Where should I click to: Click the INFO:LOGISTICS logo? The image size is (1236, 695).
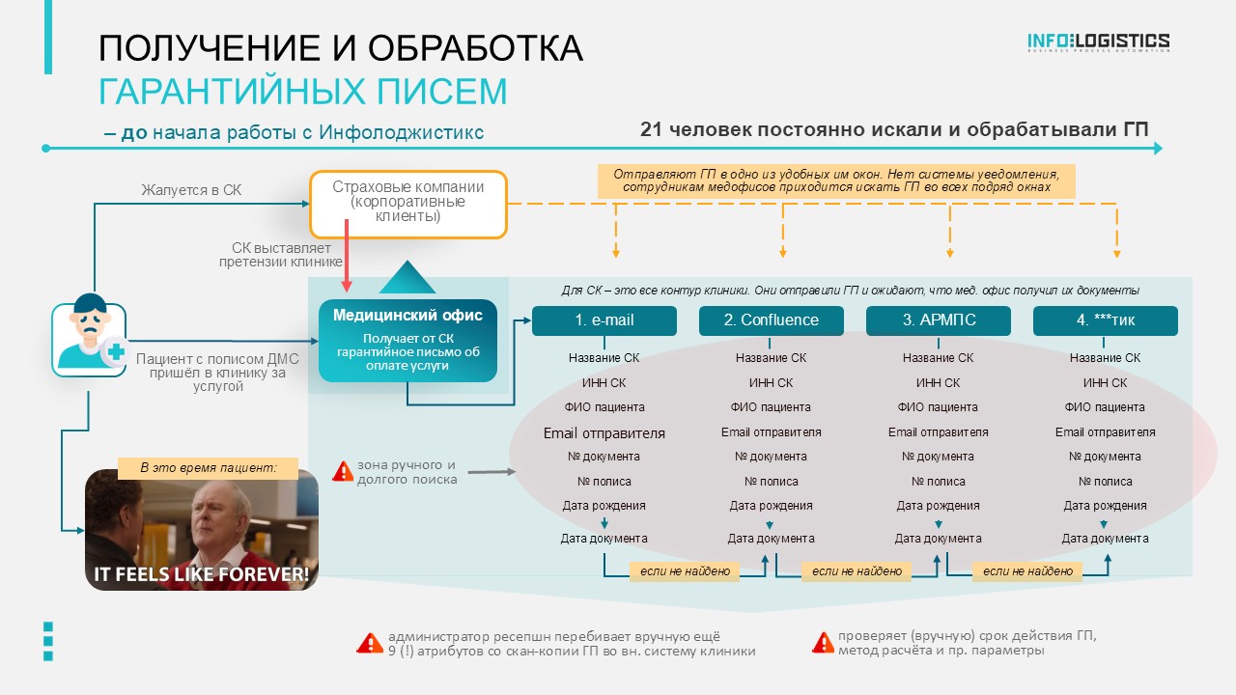point(1098,42)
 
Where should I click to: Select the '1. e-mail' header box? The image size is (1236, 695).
point(604,320)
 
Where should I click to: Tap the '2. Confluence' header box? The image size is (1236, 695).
point(772,320)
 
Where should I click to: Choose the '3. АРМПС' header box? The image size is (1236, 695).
point(939,320)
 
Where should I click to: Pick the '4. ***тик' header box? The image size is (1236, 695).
point(1106,320)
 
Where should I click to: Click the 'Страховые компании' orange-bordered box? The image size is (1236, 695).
point(408,204)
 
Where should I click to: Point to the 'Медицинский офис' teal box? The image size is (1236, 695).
point(407,341)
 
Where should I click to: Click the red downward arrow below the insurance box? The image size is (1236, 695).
point(347,256)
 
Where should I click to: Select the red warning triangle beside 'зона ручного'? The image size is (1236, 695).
point(343,472)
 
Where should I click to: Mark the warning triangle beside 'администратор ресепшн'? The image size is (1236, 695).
point(370,643)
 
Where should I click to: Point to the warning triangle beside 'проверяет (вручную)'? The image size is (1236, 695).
point(823,643)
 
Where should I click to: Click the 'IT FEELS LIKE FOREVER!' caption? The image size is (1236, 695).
point(202,574)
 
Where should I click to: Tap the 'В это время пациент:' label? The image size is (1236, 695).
point(208,468)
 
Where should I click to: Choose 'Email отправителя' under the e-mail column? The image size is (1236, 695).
point(604,433)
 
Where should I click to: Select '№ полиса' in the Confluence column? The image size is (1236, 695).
point(772,482)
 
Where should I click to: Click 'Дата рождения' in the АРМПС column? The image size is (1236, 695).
point(938,506)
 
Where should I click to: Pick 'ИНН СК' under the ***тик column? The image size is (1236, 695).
point(1106,383)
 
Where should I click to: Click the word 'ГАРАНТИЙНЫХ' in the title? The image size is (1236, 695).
point(233,92)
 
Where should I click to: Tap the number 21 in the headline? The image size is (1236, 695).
point(651,129)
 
